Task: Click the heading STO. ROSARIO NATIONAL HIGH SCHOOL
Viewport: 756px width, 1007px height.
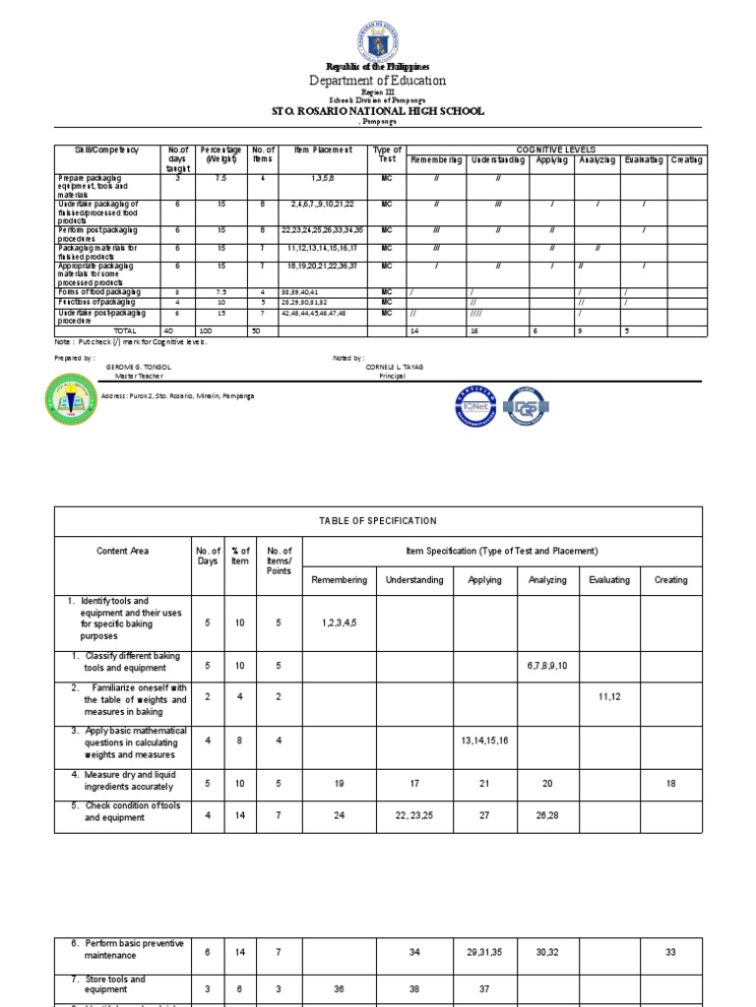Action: click(x=378, y=111)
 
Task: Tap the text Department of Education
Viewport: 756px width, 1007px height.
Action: click(x=378, y=81)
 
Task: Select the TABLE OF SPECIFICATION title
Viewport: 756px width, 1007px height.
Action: click(x=378, y=521)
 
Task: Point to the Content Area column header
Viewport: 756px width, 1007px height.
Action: click(x=122, y=551)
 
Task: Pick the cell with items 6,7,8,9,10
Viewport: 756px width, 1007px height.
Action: click(x=547, y=666)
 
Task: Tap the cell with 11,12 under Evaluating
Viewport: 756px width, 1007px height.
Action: click(x=609, y=695)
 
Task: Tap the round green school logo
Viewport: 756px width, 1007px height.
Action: click(x=73, y=402)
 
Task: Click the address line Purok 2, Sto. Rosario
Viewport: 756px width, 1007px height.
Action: click(x=177, y=395)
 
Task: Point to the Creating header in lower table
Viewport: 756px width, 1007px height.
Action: click(x=671, y=580)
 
